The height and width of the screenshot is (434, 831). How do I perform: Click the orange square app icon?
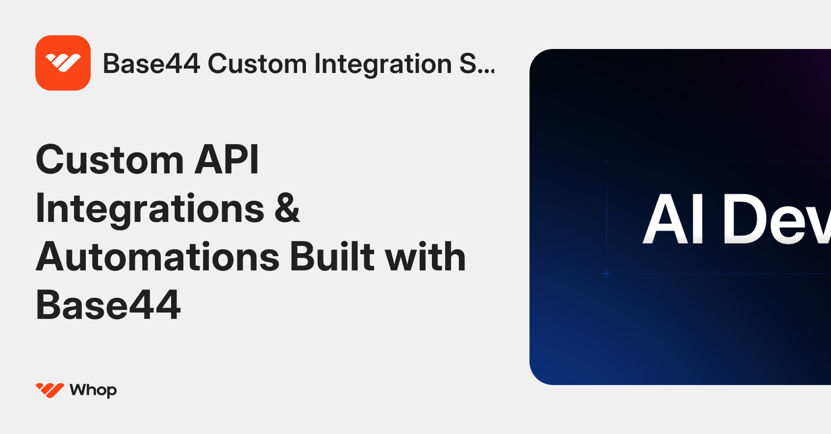(63, 63)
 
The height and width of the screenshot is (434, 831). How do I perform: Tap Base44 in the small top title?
(151, 64)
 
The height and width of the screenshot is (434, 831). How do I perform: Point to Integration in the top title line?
(383, 64)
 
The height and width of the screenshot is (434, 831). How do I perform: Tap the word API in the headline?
(227, 160)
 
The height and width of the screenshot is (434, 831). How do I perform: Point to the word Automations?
(157, 257)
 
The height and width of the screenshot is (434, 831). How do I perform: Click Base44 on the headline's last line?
(108, 305)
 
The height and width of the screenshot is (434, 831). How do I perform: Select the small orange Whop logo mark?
(50, 390)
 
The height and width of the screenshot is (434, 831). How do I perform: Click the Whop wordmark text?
(93, 390)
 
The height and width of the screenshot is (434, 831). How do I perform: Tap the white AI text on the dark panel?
(674, 219)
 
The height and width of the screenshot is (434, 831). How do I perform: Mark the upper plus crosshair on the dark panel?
(606, 161)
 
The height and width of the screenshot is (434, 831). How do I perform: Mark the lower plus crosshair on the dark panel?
(606, 274)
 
